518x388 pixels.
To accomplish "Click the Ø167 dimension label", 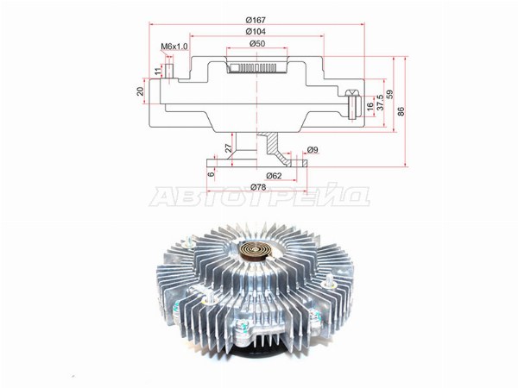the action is (256, 20).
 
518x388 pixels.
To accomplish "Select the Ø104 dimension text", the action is (256, 32).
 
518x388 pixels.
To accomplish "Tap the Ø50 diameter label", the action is (257, 44).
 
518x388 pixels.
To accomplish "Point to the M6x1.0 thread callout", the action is (174, 47).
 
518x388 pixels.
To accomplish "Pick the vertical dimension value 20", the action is (141, 91).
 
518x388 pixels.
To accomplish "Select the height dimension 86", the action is (401, 111).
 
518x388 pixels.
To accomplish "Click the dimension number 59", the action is (390, 94).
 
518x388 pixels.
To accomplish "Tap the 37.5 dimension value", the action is (380, 102).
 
